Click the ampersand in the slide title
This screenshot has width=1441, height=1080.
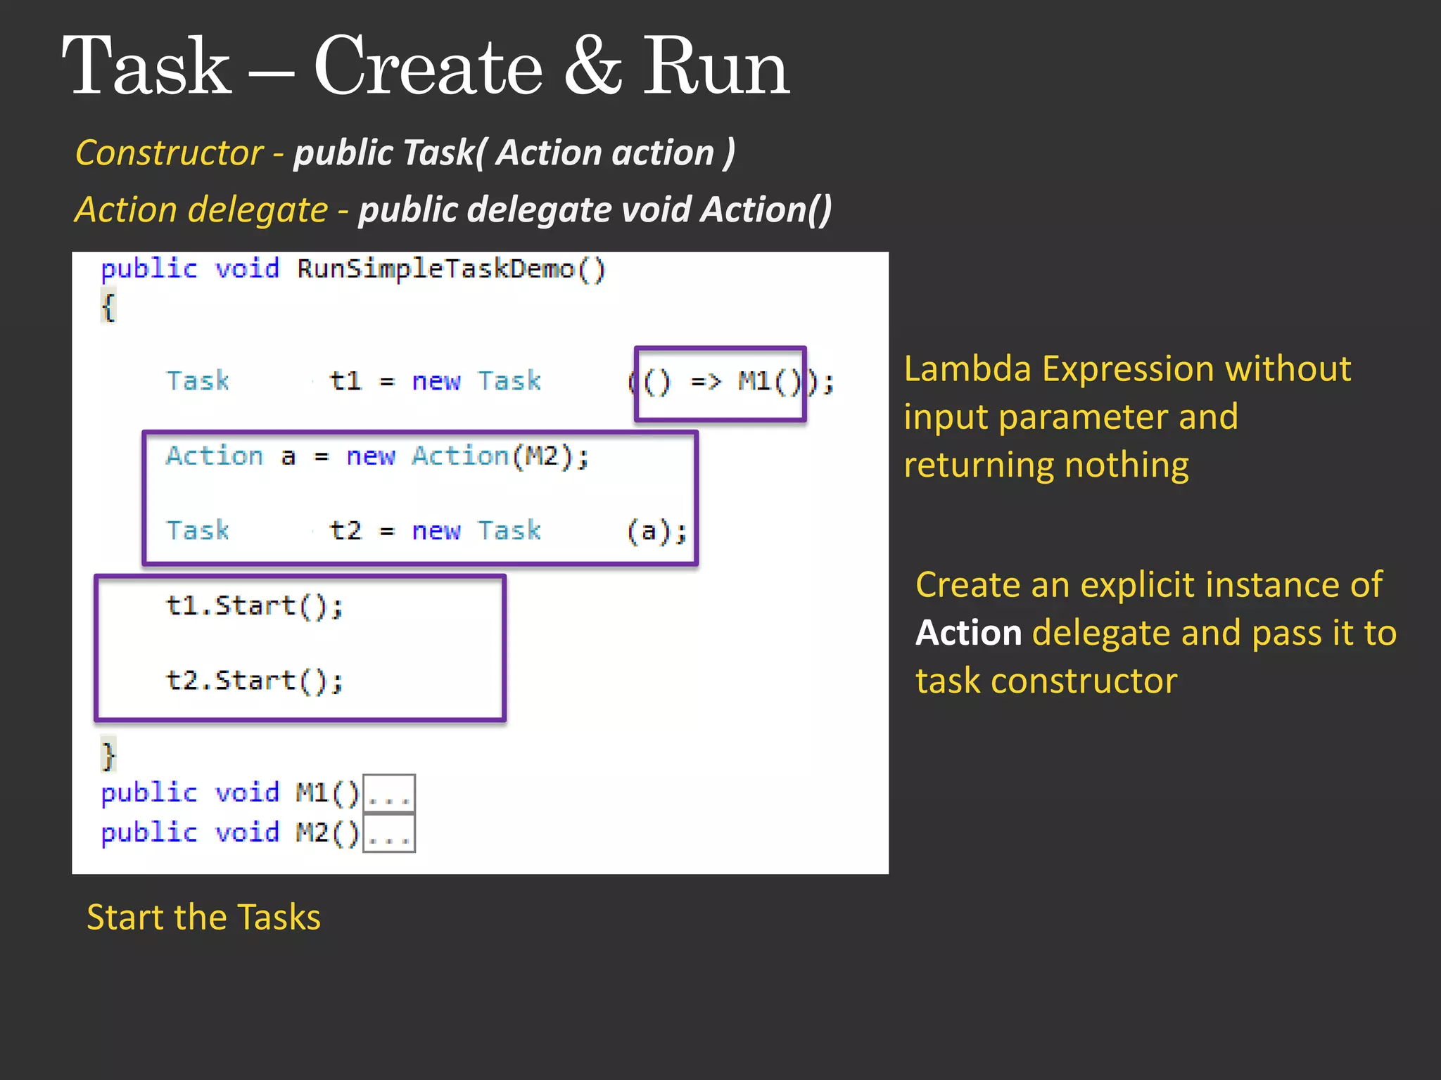coord(592,67)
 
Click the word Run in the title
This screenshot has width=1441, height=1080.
coord(716,67)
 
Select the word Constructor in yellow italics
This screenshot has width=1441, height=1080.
coord(169,153)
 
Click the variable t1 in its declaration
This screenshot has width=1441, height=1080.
coord(345,381)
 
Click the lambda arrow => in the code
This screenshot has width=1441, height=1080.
coord(706,382)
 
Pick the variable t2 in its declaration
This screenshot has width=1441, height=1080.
coord(345,531)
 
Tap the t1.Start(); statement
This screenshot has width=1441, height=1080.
coord(254,606)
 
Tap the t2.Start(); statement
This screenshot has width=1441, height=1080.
coord(254,681)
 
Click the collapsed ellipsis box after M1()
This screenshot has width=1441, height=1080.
coord(388,794)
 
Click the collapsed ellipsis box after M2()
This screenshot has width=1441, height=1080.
coord(388,833)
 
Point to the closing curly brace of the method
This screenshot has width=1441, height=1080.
coord(108,755)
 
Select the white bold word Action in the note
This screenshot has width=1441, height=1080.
coord(968,633)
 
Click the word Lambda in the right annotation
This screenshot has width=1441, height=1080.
coord(967,369)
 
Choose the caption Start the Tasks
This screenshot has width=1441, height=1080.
coord(203,918)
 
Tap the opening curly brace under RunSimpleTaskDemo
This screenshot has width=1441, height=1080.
coord(108,307)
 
